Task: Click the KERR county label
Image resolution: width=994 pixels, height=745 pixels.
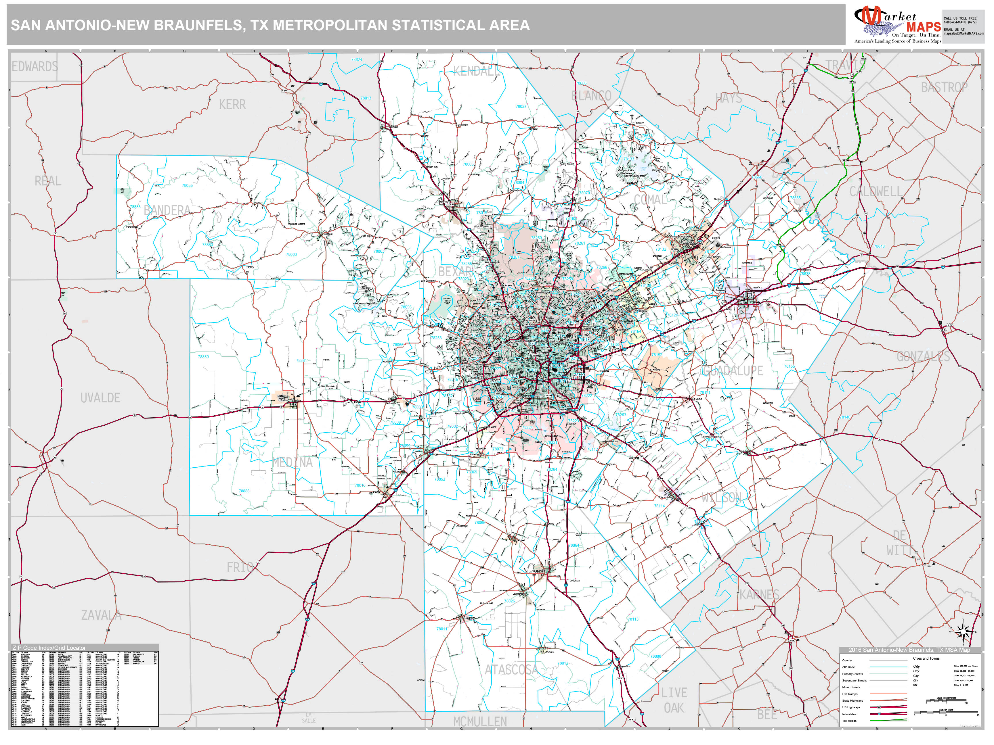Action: [232, 105]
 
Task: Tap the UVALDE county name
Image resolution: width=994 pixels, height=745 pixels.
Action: [100, 398]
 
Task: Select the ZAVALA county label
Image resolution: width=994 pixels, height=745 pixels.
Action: [101, 615]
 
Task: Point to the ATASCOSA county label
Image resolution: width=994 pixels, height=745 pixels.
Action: [511, 670]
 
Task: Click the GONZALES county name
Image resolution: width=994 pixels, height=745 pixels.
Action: [924, 357]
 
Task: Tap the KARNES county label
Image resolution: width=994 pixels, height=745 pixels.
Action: [759, 595]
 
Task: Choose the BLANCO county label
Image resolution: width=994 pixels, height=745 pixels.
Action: [591, 96]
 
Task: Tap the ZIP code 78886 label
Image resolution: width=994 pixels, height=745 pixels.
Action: [244, 491]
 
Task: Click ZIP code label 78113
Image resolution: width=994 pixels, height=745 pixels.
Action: [633, 619]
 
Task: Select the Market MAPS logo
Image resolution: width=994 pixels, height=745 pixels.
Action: [897, 25]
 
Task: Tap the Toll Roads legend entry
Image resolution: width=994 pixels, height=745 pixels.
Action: [849, 721]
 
